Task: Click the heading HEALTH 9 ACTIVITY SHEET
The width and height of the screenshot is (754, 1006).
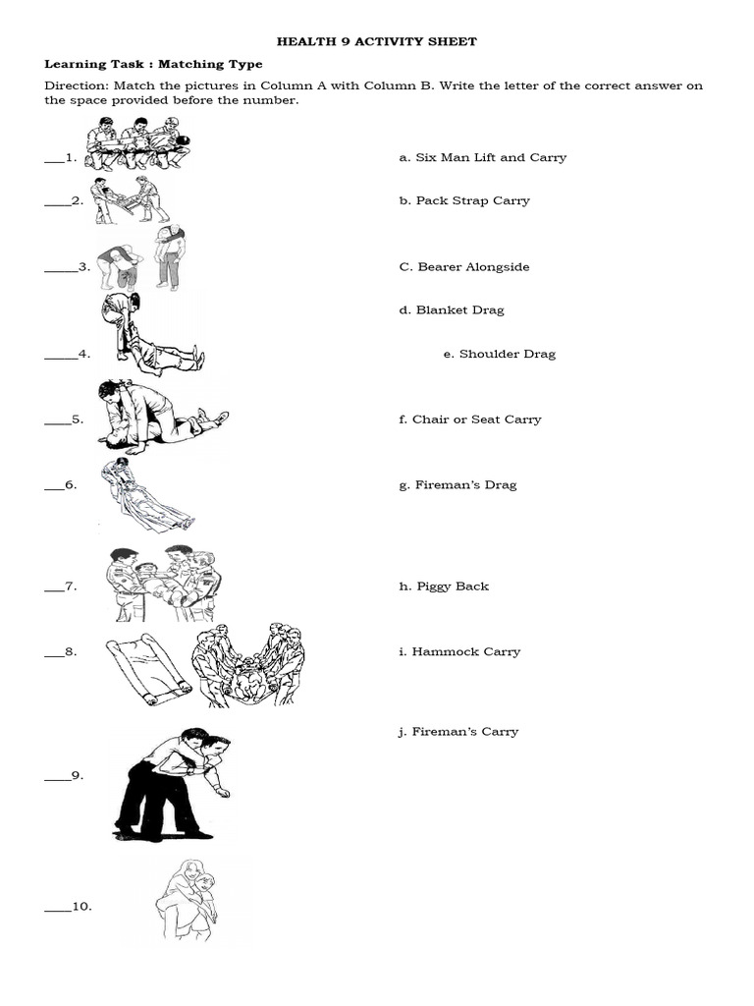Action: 376,41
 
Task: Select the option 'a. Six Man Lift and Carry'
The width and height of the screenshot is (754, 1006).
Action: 482,157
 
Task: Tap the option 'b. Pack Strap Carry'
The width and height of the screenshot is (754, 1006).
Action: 463,200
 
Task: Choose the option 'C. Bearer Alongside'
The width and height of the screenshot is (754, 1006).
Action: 463,267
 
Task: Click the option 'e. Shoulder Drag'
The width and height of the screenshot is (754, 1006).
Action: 499,354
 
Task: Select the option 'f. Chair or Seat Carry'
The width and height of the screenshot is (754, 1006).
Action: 469,419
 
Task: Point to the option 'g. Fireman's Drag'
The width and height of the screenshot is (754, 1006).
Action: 458,485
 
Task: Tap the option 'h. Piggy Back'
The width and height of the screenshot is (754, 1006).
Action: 444,587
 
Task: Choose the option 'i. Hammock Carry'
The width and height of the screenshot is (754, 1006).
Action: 459,651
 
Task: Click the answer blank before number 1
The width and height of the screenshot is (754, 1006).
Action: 52,158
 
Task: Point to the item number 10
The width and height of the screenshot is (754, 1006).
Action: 82,907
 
